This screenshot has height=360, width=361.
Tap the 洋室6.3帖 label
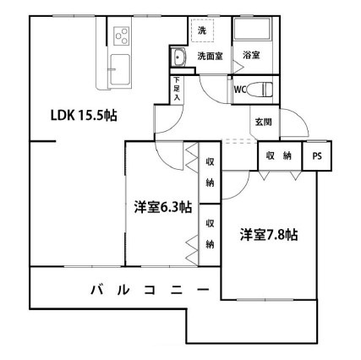pyautogui.click(x=161, y=206)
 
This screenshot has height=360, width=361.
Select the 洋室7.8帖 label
pyautogui.click(x=267, y=234)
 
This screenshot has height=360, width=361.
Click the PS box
pyautogui.click(x=317, y=156)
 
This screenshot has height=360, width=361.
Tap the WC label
pyautogui.click(x=238, y=87)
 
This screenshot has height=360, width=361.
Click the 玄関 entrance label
pyautogui.click(x=262, y=122)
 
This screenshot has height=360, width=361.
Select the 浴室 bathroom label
pyautogui.click(x=251, y=56)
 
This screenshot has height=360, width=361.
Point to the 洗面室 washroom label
pyautogui.click(x=210, y=56)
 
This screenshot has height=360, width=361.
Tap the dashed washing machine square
pyautogui.click(x=203, y=30)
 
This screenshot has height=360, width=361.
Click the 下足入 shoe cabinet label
pyautogui.click(x=178, y=90)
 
